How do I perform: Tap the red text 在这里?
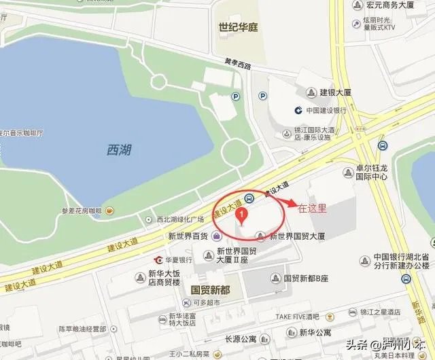313,209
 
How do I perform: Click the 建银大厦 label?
334,92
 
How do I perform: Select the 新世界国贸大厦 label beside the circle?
298,236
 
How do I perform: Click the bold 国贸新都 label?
206,289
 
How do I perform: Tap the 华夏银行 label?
181,260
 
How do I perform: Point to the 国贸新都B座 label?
305,278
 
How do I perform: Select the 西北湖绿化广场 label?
181,219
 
